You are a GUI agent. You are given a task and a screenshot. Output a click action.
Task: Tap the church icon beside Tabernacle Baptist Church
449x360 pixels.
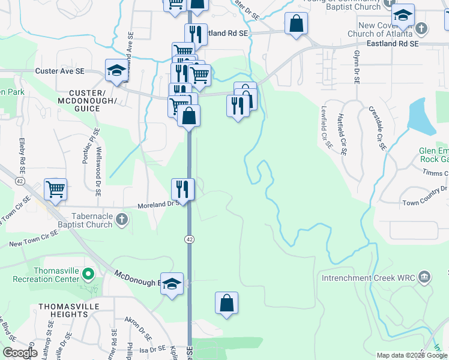[x=121, y=218]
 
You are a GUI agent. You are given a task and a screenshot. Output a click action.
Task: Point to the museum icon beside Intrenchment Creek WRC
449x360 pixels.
[x=424, y=277]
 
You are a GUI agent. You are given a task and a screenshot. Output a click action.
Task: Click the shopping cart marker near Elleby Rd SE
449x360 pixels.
[x=55, y=190]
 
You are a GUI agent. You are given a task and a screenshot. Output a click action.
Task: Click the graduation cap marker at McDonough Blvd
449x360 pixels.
[x=173, y=284]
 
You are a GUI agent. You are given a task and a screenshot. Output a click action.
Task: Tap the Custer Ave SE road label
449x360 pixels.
[x=59, y=71]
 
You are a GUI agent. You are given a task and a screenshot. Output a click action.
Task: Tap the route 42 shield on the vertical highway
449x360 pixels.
[x=188, y=239]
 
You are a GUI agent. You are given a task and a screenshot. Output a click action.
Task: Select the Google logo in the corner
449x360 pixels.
[x=20, y=353]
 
